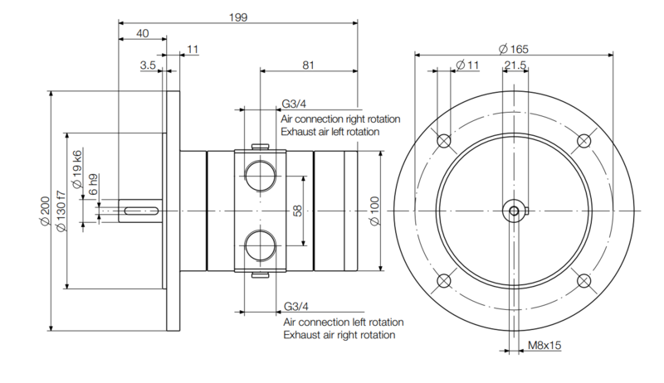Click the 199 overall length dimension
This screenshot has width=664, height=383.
238,17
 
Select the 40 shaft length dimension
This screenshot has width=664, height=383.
143,33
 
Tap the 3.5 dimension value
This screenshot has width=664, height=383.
148,65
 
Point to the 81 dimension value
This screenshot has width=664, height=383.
308,65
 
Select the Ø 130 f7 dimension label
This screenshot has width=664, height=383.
61,211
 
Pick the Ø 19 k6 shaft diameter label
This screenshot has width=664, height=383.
76,168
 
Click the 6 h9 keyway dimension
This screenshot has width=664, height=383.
93,184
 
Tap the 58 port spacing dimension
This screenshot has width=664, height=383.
298,211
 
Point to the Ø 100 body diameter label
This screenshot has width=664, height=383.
375,211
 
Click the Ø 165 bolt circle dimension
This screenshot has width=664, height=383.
514,49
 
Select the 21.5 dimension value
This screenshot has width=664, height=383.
515,65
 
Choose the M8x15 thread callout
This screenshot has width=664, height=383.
544,345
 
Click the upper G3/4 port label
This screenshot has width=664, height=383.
294,104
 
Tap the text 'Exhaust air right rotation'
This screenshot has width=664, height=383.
339,335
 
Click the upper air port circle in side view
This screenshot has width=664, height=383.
261,176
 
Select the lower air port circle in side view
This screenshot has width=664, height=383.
261,245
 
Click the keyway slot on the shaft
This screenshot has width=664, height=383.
141,211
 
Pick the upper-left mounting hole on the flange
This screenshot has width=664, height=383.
443,140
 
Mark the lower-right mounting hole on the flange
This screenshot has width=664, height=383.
584,281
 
